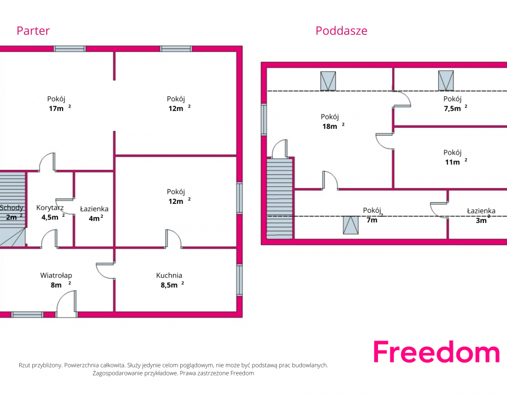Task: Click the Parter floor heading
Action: pos(33,31)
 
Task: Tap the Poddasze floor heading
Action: pos(341,31)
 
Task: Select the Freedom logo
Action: pos(437,352)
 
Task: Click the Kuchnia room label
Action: pos(169,275)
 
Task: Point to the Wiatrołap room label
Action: pos(56,275)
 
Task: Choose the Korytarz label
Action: pos(50,208)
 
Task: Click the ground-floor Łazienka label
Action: pos(94,209)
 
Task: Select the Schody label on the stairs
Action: pos(12,208)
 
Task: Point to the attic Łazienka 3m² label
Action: pos(481,216)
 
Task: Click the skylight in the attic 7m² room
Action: pos(351,225)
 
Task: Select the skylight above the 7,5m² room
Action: pos(446,80)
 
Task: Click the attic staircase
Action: pos(279,198)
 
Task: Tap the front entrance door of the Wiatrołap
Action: pos(67,303)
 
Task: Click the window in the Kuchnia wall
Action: pos(239,280)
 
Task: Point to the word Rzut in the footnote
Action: pos(25,365)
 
